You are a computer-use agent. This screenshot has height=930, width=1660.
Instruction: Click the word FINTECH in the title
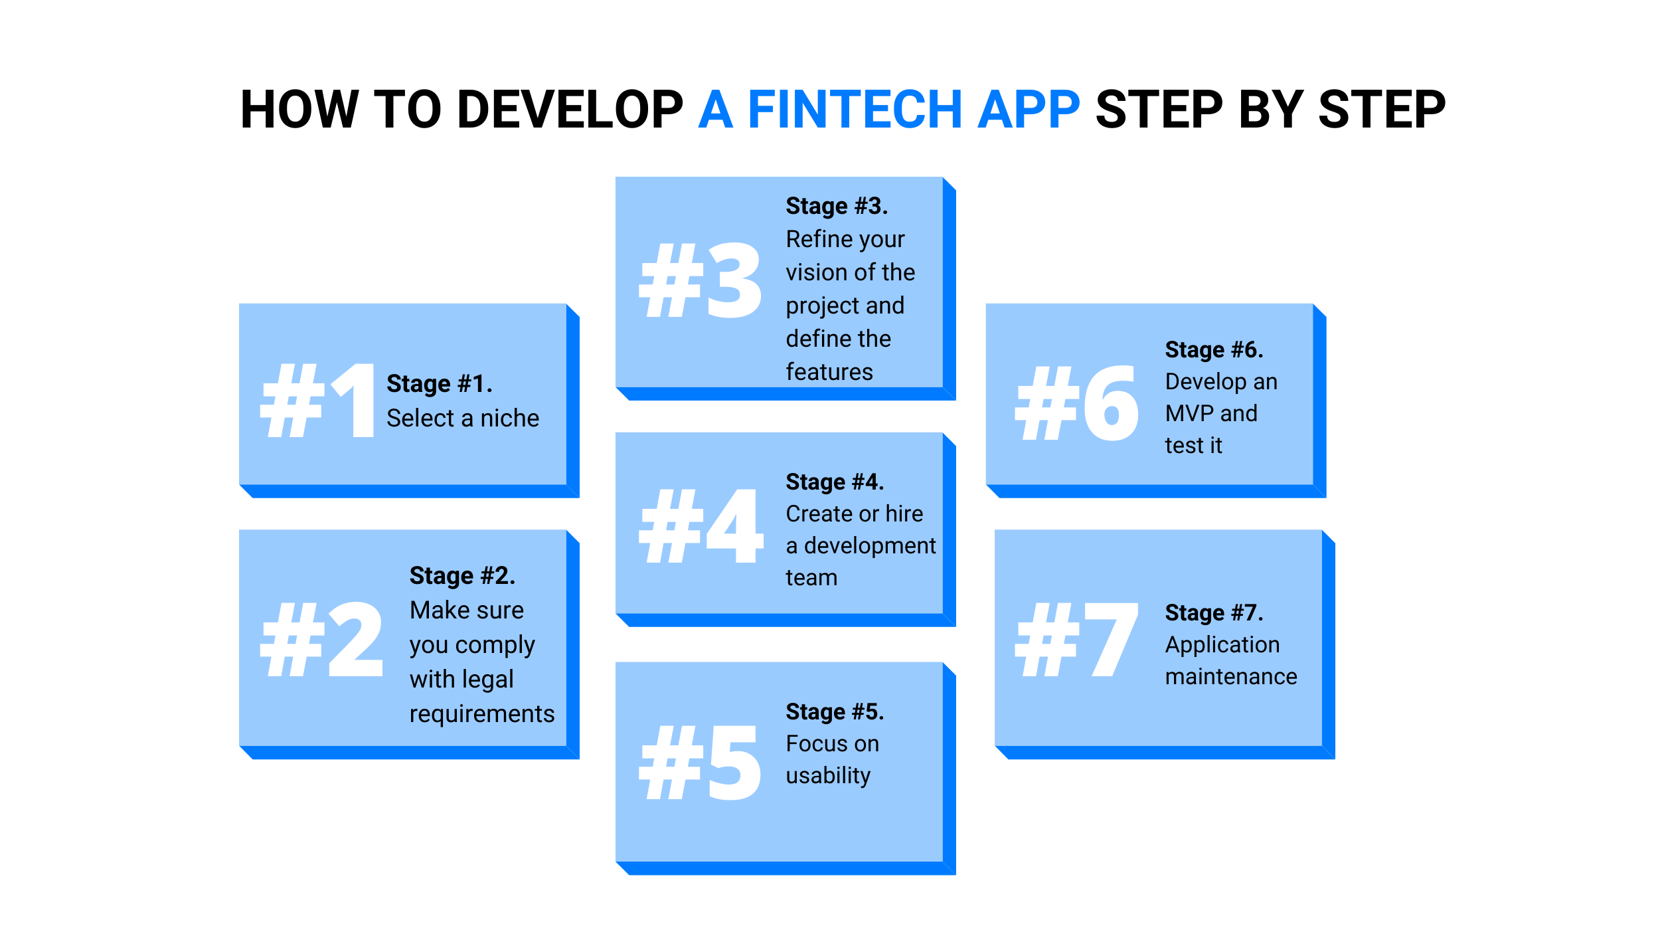pyautogui.click(x=855, y=110)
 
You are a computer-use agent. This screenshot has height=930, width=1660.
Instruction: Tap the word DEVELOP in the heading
pyautogui.click(x=570, y=110)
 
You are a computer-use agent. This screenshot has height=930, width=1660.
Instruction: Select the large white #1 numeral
pyautogui.click(x=318, y=401)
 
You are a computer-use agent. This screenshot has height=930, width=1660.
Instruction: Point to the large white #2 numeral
pyautogui.click(x=322, y=639)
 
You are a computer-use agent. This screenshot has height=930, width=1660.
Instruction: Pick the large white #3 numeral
pyautogui.click(x=700, y=280)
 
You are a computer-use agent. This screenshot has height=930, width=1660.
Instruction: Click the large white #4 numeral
pyautogui.click(x=701, y=525)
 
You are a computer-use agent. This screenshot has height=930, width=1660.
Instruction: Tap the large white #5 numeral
pyautogui.click(x=700, y=762)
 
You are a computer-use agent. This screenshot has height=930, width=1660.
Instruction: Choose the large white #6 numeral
pyautogui.click(x=1077, y=403)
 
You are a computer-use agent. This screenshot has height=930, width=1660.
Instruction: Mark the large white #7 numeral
pyautogui.click(x=1077, y=640)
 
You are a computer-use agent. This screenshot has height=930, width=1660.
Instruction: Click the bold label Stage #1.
pyautogui.click(x=440, y=384)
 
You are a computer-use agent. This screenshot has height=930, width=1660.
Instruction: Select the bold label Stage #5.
pyautogui.click(x=835, y=711)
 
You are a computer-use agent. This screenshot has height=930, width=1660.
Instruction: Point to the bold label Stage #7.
pyautogui.click(x=1214, y=612)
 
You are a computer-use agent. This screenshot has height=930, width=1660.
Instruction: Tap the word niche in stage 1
pyautogui.click(x=509, y=418)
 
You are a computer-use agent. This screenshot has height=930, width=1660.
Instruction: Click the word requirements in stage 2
pyautogui.click(x=482, y=715)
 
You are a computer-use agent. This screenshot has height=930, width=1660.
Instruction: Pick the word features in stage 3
pyautogui.click(x=829, y=372)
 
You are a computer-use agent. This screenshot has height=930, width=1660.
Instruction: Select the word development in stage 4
pyautogui.click(x=870, y=546)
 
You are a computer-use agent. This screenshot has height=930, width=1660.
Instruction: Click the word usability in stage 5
pyautogui.click(x=828, y=776)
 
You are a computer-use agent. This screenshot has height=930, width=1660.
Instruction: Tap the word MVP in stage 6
pyautogui.click(x=1189, y=414)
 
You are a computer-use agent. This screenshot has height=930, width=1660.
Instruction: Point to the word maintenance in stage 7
pyautogui.click(x=1231, y=676)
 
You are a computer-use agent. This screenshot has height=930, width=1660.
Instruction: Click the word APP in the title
pyautogui.click(x=1029, y=110)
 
